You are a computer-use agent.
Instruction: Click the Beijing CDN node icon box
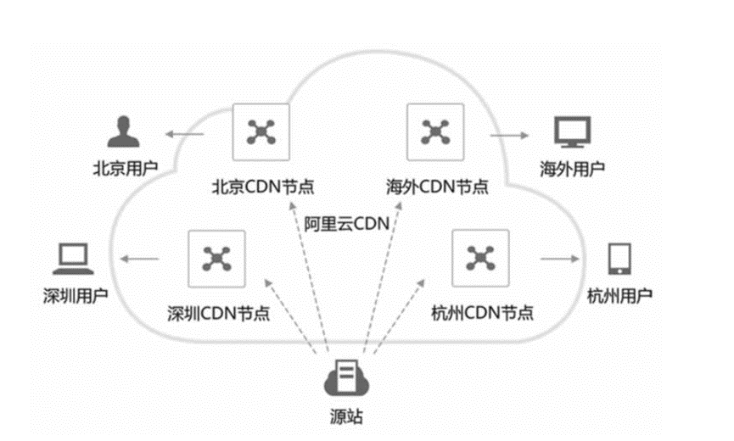pos(261,131)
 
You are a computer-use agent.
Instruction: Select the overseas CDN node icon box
pos(436,131)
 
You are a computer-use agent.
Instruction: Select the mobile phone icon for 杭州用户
pos(619,259)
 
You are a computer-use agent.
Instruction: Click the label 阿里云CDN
pos(346,224)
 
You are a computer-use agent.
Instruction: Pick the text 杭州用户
pos(619,295)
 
